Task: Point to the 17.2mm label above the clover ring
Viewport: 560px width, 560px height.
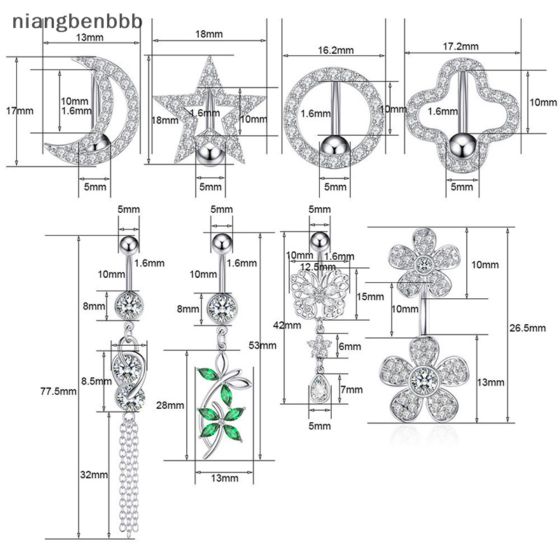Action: coord(463,46)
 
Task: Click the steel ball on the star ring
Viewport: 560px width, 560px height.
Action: coord(209,151)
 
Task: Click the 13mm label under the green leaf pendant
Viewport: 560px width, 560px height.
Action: coord(224,478)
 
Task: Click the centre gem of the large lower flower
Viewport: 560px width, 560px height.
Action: coord(425,381)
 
